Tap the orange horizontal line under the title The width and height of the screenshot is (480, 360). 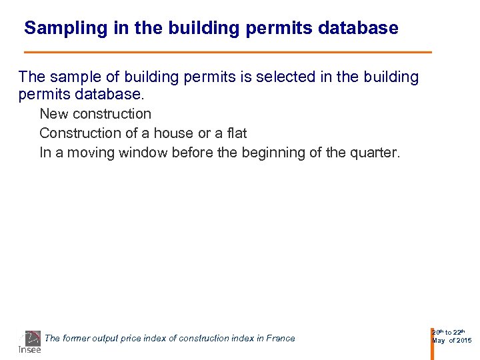pos(227,52)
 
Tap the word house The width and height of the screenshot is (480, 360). pos(174,133)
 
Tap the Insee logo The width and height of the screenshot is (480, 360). pos(30,342)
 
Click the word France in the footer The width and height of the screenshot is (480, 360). pos(280,339)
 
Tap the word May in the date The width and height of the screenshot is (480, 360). pos(439,341)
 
